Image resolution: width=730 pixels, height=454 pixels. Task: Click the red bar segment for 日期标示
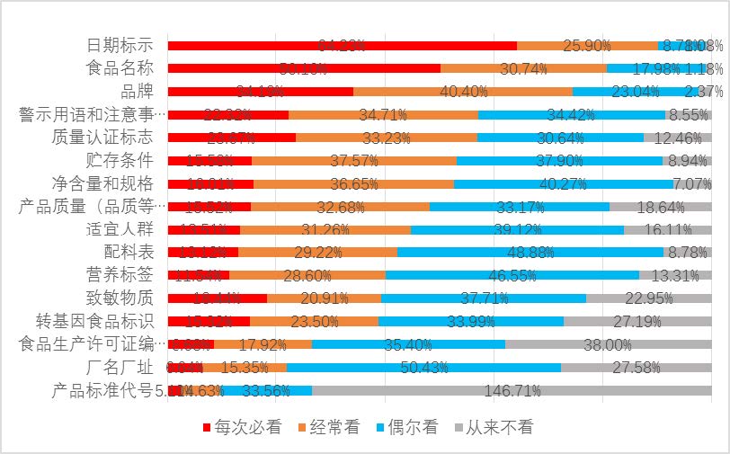tap(342, 45)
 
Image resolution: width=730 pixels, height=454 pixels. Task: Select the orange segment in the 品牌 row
tap(463, 91)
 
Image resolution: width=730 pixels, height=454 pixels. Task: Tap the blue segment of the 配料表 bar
tap(530, 252)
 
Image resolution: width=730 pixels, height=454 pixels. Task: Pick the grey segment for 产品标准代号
tap(512, 390)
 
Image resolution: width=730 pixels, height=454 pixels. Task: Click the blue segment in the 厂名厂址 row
tap(423, 367)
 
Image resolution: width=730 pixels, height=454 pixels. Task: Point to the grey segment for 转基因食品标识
tap(637, 321)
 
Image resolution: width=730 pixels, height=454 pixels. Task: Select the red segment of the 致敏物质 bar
tap(217, 298)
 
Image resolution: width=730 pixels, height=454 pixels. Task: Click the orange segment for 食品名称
tap(523, 67)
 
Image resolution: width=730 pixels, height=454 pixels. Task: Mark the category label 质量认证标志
tap(102, 137)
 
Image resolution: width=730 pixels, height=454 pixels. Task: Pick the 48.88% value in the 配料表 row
tap(530, 253)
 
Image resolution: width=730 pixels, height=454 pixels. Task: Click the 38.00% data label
tap(608, 344)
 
